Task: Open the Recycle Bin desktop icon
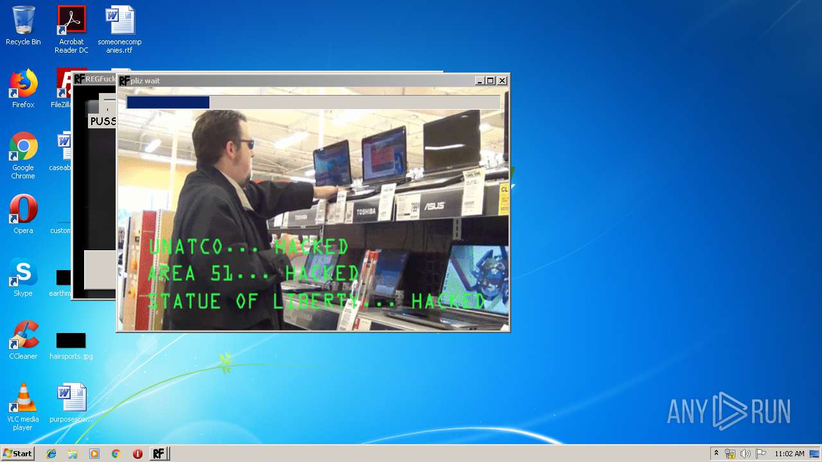(x=23, y=21)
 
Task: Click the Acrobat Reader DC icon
(x=71, y=21)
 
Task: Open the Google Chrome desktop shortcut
(x=23, y=148)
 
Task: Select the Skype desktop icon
(x=23, y=273)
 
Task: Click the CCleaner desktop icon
(x=23, y=336)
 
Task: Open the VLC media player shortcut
(x=23, y=398)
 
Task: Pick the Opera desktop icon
(x=23, y=210)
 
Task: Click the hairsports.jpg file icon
(x=71, y=341)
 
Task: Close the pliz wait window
(x=502, y=81)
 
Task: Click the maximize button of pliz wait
(x=491, y=81)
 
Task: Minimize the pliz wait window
(x=480, y=81)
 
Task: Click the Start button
(x=17, y=454)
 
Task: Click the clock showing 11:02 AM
(x=789, y=454)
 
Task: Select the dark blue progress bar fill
(x=168, y=103)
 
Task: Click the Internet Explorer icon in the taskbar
(x=51, y=454)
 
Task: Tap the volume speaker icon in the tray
(x=745, y=454)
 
